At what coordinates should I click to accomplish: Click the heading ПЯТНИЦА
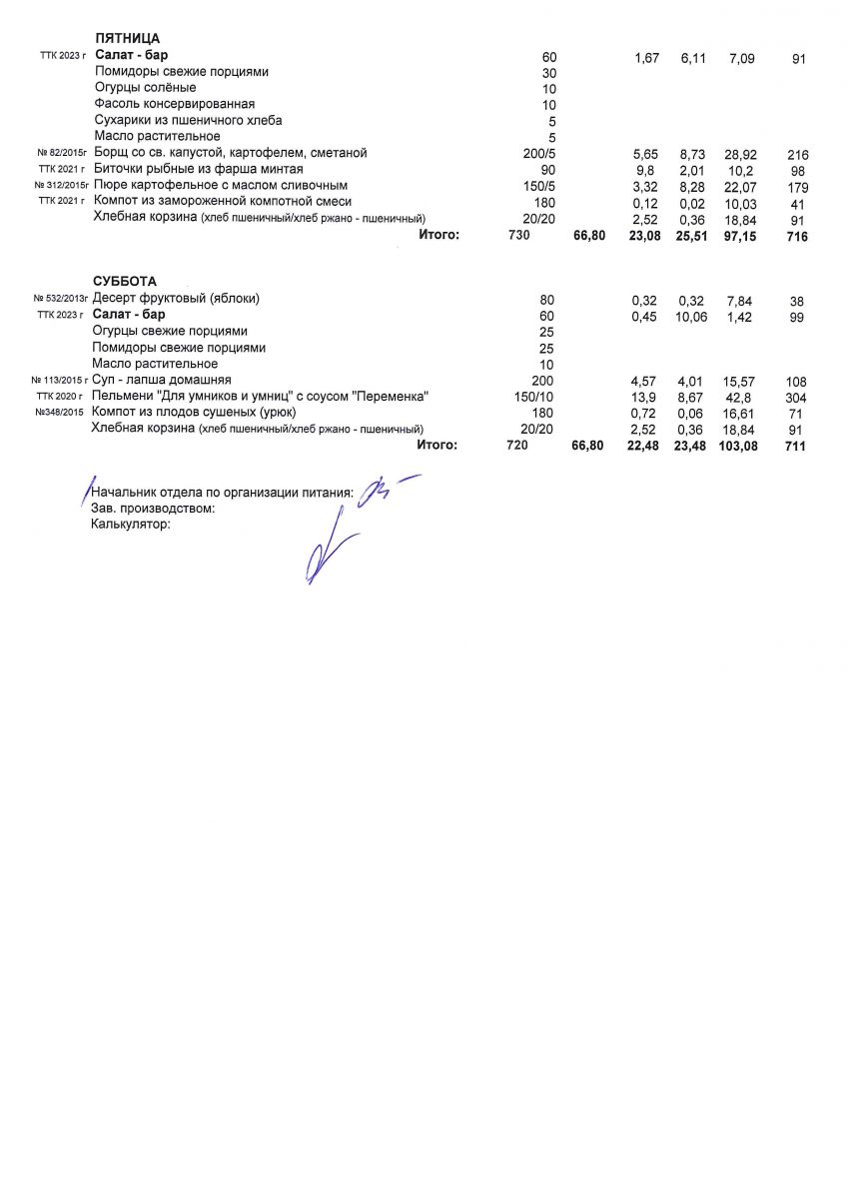pos(127,39)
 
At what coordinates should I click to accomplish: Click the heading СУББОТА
pos(125,282)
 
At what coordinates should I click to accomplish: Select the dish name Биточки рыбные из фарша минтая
pos(197,169)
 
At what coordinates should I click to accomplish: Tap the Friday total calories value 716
pos(797,237)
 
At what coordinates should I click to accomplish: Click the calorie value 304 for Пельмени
pos(796,398)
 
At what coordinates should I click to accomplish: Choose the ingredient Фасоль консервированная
pos(175,104)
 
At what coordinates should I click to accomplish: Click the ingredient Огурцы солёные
pos(145,88)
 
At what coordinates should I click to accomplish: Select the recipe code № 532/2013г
pos(61,299)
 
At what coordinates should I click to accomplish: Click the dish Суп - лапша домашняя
pos(162,381)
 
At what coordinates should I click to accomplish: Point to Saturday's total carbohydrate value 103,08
pos(738,447)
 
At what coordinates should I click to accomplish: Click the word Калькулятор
pos(131,524)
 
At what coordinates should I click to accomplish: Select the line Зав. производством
pos(153,508)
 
